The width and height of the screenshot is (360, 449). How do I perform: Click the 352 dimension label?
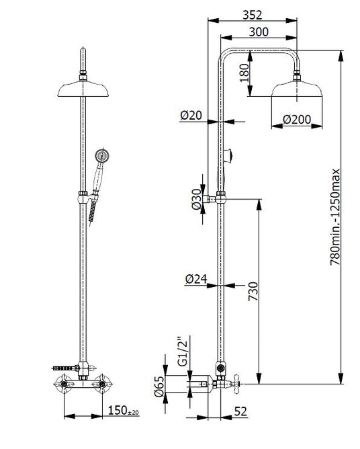point(252,15)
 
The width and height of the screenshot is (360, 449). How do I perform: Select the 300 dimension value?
point(259,32)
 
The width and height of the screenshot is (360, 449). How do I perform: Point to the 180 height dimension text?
point(244,73)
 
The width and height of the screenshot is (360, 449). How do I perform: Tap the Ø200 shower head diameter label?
point(297,120)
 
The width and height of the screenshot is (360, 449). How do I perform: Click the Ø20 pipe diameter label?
point(191,115)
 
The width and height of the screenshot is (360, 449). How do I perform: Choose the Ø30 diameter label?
point(197,200)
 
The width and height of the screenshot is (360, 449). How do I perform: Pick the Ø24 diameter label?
point(196,279)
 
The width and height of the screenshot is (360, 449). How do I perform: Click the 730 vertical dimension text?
point(253,291)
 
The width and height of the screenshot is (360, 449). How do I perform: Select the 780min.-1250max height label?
point(335,217)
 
